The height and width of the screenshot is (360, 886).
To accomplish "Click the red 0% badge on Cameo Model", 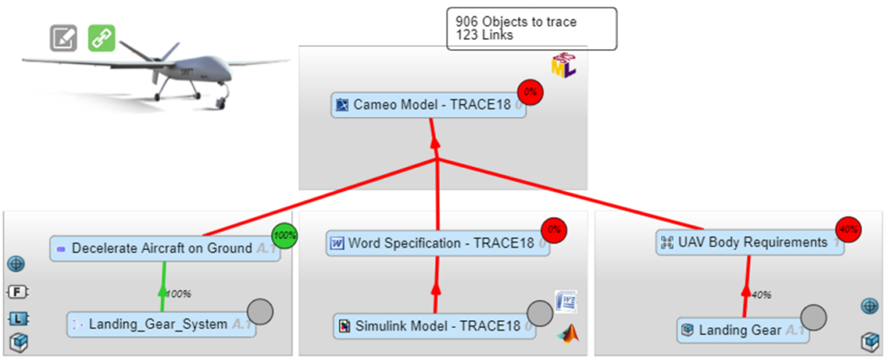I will pos(530,92).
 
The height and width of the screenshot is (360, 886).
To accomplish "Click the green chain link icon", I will pos(102,37).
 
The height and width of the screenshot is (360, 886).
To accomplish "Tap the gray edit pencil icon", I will pos(63,38).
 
